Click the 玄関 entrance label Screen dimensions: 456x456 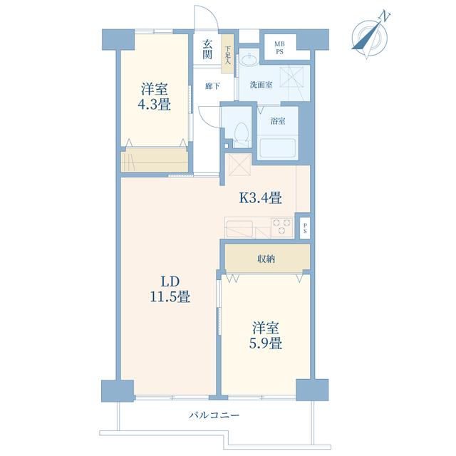pyautogui.click(x=207, y=49)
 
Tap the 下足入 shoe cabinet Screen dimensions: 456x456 pyautogui.click(x=227, y=54)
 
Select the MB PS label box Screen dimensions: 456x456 pyautogui.click(x=280, y=48)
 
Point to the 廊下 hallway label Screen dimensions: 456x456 pyautogui.click(x=212, y=86)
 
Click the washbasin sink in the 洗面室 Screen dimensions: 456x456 pyautogui.click(x=249, y=60)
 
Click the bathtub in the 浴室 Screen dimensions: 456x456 pyautogui.click(x=278, y=148)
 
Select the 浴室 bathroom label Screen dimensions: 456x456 pyautogui.click(x=278, y=121)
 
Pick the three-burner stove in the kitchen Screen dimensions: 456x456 pyautogui.click(x=281, y=227)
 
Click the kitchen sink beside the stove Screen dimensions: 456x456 pyautogui.click(x=239, y=229)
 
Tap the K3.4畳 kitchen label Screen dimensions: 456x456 pyautogui.click(x=260, y=198)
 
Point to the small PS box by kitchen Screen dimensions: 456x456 pyautogui.click(x=305, y=228)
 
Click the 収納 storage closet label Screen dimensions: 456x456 pyautogui.click(x=266, y=259)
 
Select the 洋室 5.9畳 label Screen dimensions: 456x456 pyautogui.click(x=266, y=336)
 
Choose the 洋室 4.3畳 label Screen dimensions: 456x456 pyautogui.click(x=154, y=97)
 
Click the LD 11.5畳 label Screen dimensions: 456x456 pyautogui.click(x=170, y=289)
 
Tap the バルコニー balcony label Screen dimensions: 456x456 pyautogui.click(x=214, y=415)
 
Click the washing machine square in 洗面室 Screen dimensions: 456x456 pyautogui.click(x=291, y=77)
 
